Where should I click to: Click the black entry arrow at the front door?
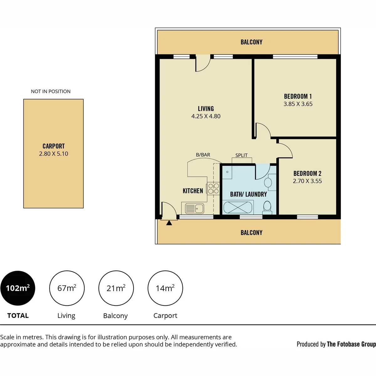[169, 223]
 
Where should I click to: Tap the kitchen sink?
[194, 208]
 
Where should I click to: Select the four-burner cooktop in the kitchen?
[213, 189]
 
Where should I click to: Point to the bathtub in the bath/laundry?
[238, 207]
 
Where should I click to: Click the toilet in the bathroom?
[267, 208]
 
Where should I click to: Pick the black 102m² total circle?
[18, 288]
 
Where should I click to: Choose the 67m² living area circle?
[67, 288]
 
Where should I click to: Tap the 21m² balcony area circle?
[116, 288]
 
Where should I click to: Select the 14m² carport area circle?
[165, 288]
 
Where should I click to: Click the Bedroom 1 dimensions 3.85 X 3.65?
[298, 104]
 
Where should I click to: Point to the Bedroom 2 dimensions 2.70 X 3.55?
[307, 181]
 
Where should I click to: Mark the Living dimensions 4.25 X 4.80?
[206, 116]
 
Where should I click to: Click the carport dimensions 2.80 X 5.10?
[54, 154]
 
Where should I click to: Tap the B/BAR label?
[203, 155]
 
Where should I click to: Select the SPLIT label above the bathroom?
[241, 155]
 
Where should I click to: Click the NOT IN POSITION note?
[51, 91]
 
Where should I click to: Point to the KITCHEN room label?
[193, 191]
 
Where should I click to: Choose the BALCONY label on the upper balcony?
[251, 42]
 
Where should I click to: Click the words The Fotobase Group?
[351, 344]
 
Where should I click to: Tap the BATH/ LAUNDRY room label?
[248, 194]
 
